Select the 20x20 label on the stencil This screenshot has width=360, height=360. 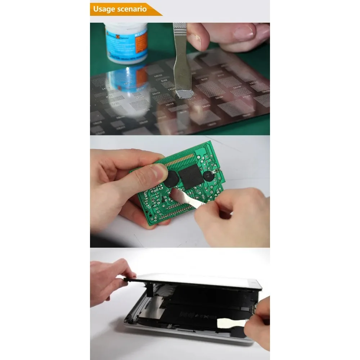(x=219, y=98)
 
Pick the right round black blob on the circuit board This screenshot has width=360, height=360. (x=208, y=176)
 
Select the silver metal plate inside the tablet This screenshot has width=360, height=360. (x=148, y=302)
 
